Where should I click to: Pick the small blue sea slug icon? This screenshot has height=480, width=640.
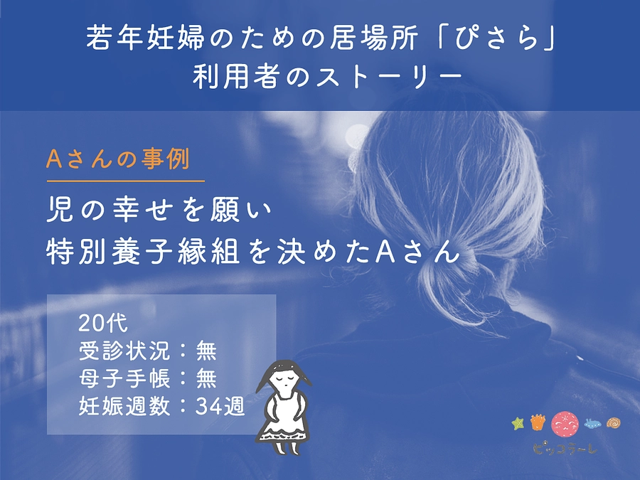(x=592, y=425)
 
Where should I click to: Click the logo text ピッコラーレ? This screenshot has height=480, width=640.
(x=565, y=449)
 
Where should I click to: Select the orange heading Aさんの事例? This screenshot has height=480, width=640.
(x=118, y=159)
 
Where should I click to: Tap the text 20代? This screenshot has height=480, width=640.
(x=103, y=324)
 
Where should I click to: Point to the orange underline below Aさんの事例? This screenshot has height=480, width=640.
(x=125, y=180)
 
